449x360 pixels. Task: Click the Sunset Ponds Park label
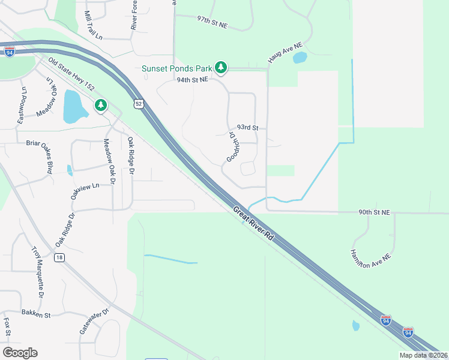pyautogui.click(x=178, y=68)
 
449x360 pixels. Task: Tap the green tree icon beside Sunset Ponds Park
pyautogui.click(x=221, y=67)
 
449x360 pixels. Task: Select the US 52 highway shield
pyautogui.click(x=139, y=104)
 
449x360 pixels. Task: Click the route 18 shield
pyautogui.click(x=58, y=257)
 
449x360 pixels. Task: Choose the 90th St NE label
pyautogui.click(x=374, y=212)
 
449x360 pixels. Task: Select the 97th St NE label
pyautogui.click(x=212, y=22)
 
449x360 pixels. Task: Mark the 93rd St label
pyautogui.click(x=247, y=128)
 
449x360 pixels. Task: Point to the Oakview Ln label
pyautogui.click(x=84, y=191)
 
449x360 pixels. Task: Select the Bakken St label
pyautogui.click(x=36, y=314)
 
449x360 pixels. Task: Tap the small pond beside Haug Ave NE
pyautogui.click(x=300, y=58)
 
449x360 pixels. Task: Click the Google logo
pyautogui.click(x=20, y=353)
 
